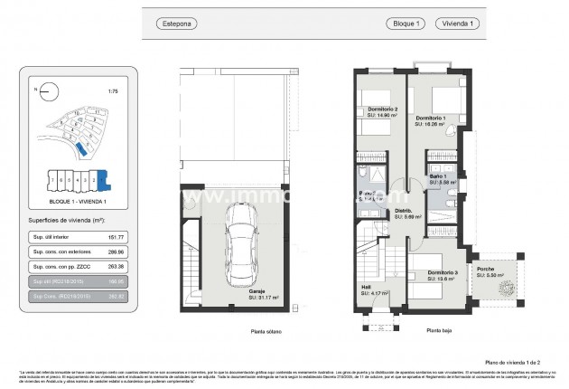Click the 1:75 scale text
(x=112, y=91)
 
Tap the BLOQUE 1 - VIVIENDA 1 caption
(x=78, y=201)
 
